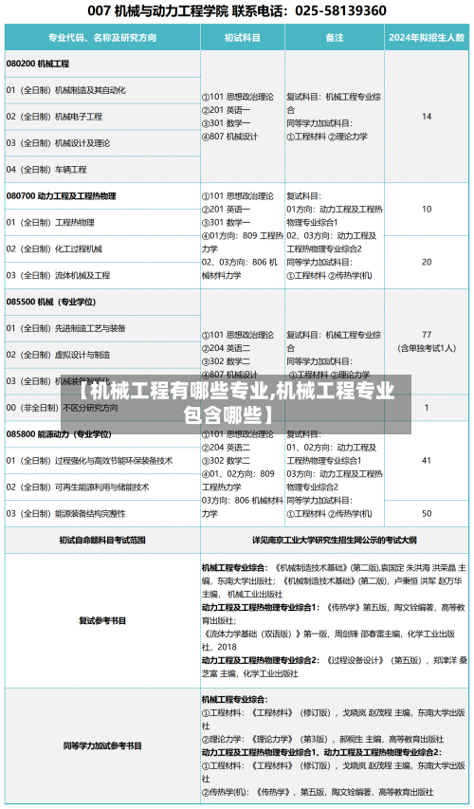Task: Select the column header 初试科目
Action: click(242, 38)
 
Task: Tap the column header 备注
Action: click(334, 38)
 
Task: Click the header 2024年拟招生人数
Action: click(427, 38)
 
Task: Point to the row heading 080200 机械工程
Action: click(38, 64)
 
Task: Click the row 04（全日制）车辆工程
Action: click(46, 170)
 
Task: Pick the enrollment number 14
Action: click(427, 117)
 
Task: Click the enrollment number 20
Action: click(427, 262)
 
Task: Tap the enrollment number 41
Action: click(427, 460)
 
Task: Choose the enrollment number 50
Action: click(427, 513)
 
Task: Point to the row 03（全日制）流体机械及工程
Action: click(58, 275)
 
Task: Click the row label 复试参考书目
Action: click(102, 621)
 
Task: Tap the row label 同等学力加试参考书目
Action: click(102, 745)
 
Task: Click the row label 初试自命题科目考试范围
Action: click(102, 540)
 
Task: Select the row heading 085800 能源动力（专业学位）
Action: click(58, 433)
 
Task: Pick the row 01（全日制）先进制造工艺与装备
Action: click(65, 328)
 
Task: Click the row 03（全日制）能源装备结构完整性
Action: click(65, 513)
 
